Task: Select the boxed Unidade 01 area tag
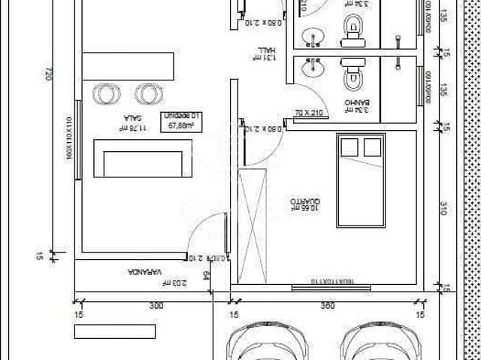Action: pos(179,120)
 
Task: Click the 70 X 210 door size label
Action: pos(307,113)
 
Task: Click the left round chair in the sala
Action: pos(106,94)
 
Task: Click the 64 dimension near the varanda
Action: pos(205,275)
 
